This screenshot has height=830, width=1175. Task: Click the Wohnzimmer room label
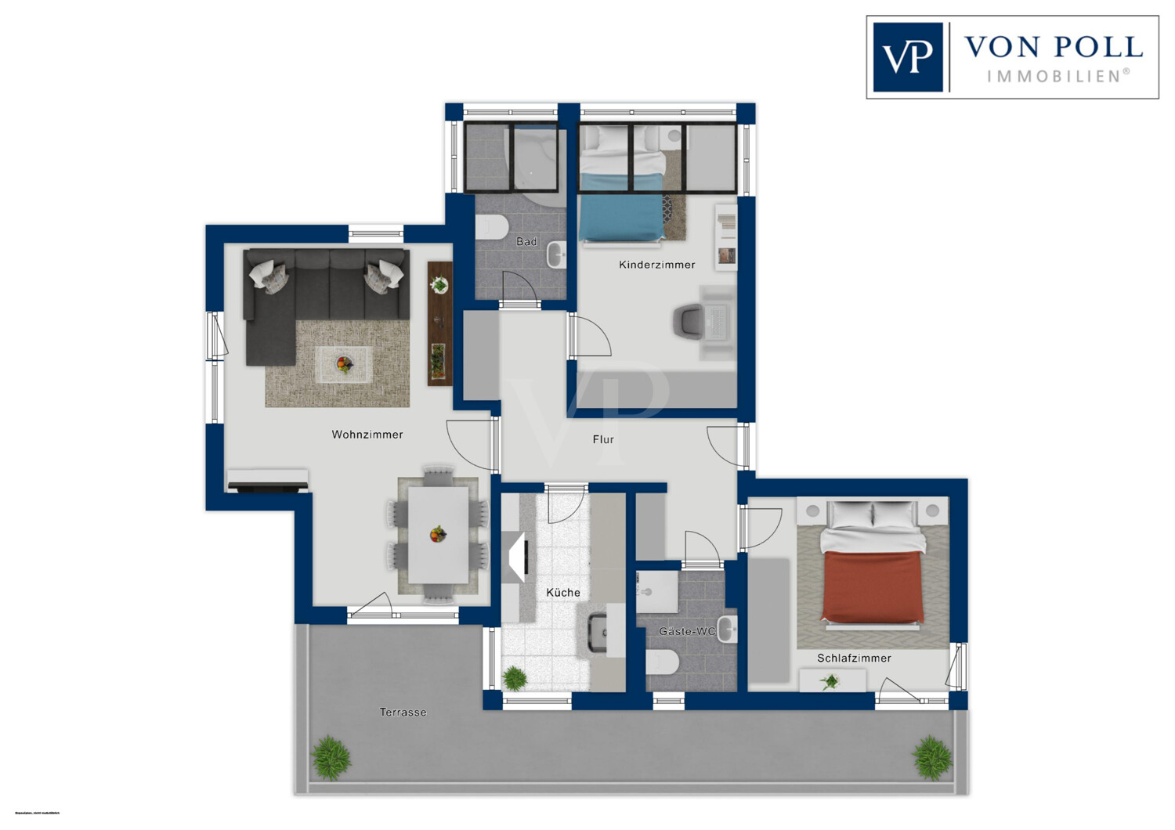[x=367, y=435]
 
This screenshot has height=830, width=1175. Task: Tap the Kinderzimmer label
[x=656, y=265]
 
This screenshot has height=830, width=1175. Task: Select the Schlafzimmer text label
[x=854, y=659]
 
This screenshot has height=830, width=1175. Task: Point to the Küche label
[x=563, y=593]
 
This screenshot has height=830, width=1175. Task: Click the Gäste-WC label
[x=687, y=631]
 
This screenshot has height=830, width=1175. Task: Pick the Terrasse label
[x=403, y=713]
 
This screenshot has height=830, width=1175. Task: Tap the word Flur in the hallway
[x=603, y=439]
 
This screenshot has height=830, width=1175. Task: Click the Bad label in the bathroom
[x=526, y=241]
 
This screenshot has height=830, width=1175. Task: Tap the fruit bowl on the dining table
[x=438, y=535]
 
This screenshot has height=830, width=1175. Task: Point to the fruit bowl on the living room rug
[x=344, y=363]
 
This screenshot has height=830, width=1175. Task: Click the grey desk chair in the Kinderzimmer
[x=689, y=322]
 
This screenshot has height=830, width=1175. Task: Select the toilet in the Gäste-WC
[x=662, y=662]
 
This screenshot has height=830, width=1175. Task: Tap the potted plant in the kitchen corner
[x=515, y=677]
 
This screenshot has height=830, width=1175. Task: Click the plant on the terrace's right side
[x=932, y=756]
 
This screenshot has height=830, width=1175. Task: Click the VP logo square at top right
[x=908, y=57]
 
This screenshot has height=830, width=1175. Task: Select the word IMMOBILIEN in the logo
[x=1057, y=76]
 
